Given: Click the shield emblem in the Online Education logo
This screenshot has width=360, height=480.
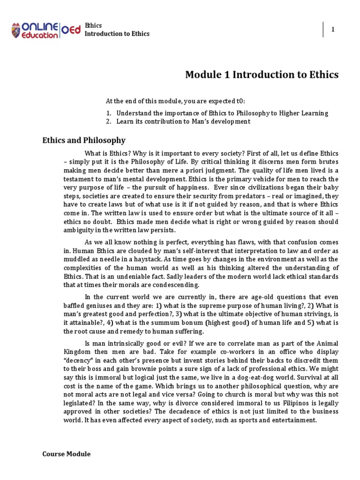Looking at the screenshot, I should tap(17, 30).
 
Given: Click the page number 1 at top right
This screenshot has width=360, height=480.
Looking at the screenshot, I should tap(333, 30).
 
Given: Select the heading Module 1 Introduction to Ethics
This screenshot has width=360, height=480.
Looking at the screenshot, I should tap(262, 75).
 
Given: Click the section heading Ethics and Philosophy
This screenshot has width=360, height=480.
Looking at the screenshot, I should tap(84, 140).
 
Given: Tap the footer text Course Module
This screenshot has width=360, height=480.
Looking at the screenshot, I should tap(66, 454).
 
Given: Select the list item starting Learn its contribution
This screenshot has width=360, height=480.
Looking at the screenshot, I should tap(183, 121).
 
